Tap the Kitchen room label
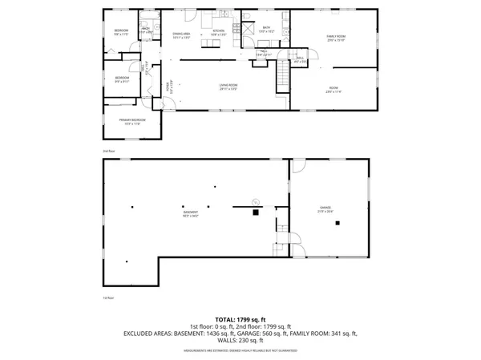(x=219, y=32)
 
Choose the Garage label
(x=327, y=208)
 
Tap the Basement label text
(x=190, y=212)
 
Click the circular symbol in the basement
(x=254, y=200)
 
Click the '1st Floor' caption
(x=109, y=297)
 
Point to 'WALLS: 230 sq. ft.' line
(x=240, y=340)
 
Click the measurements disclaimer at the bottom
(x=240, y=350)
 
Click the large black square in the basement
(x=256, y=212)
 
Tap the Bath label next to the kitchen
(x=267, y=28)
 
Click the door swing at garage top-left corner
(x=298, y=165)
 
